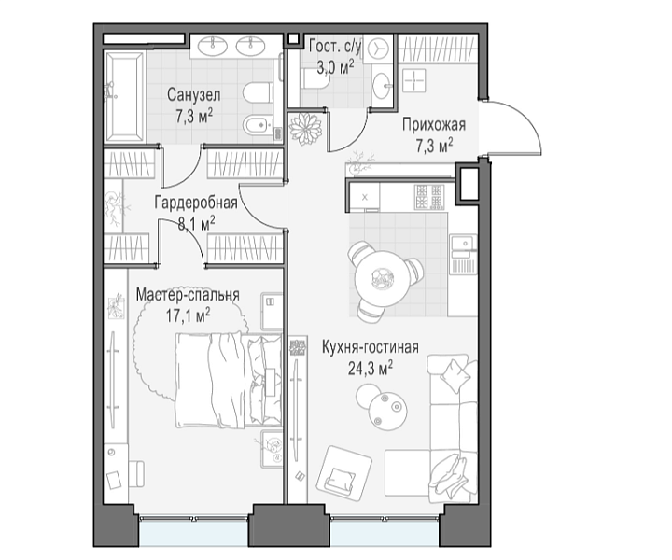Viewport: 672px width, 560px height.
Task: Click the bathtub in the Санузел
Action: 125,97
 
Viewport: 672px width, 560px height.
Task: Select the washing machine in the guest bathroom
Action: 378,49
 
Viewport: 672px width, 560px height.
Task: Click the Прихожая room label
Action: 434,125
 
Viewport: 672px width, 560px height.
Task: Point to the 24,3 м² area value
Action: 371,368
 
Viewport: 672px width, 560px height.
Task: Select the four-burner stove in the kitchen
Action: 428,197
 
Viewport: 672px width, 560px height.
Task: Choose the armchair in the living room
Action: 344,472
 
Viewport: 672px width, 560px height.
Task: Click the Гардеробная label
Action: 196,203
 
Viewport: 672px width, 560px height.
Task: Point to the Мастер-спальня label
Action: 188,295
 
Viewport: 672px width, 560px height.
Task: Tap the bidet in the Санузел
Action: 258,126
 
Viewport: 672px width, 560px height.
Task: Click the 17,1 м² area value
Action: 188,316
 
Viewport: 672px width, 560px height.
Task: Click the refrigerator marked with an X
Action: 365,197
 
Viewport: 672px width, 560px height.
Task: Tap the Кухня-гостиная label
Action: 371,347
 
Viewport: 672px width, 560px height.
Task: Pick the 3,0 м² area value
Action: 335,67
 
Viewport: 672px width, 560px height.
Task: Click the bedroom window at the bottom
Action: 194,531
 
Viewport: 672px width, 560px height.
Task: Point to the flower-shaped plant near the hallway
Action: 305,129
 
